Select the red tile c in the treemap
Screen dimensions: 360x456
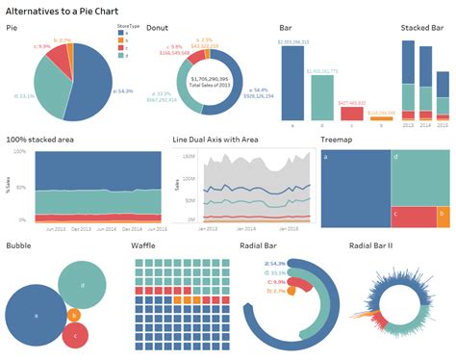413,217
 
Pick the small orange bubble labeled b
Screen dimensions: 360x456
74,315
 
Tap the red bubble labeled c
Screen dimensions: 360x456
75,335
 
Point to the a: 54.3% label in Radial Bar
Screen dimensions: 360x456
278,262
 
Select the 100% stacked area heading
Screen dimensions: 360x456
43,139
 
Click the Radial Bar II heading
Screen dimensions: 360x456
376,245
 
